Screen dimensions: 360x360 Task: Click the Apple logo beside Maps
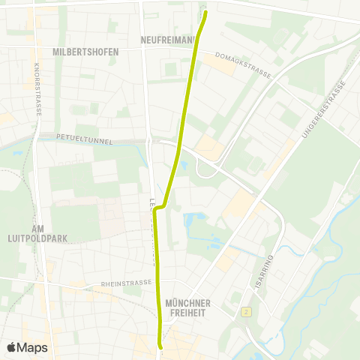[11, 347]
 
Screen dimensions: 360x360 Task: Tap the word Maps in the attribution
[32, 347]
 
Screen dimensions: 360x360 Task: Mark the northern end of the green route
[205, 12]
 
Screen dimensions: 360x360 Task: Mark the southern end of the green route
[160, 346]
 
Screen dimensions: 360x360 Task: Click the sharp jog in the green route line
[157, 208]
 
